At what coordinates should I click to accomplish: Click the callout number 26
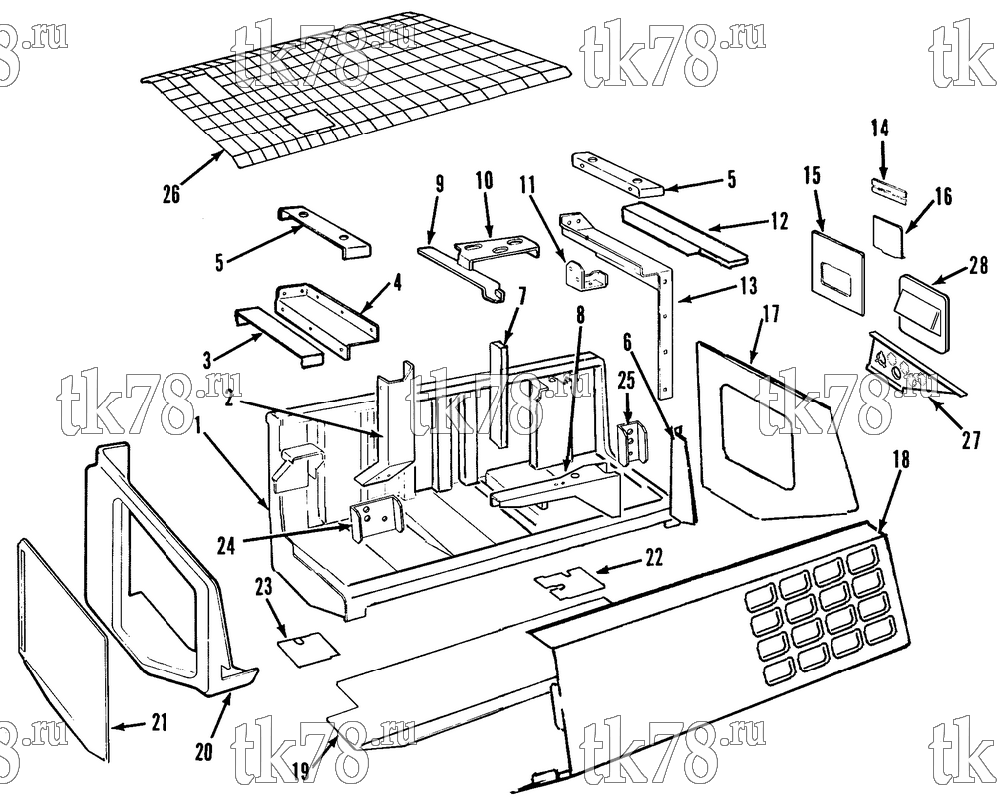171,194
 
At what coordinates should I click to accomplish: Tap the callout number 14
880,129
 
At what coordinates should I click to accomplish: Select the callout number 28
979,265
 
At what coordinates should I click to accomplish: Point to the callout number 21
159,723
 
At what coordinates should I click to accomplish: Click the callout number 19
301,771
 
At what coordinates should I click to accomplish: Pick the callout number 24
227,545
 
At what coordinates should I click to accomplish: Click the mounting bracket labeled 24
377,518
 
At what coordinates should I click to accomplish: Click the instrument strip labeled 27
915,369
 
